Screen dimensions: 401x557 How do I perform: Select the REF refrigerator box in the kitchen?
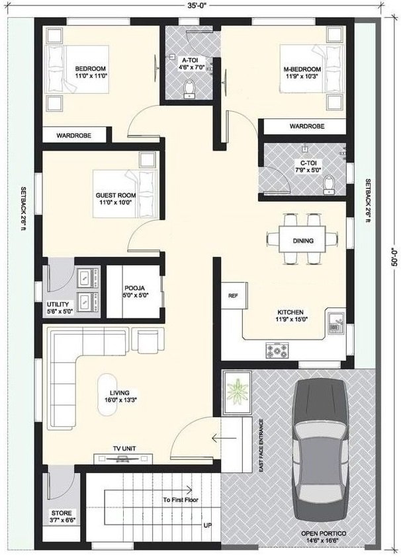234,295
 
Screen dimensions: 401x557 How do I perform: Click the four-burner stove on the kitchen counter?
277,350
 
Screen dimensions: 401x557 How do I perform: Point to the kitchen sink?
335,324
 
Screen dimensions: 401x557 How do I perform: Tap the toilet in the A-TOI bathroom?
189,89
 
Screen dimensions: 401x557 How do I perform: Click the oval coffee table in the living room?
107,394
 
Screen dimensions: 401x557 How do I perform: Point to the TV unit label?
124,449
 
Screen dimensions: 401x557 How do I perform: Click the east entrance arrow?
224,438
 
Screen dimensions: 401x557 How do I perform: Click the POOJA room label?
134,288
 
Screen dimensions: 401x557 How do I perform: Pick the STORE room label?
62,513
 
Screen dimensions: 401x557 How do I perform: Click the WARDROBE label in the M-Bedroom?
307,126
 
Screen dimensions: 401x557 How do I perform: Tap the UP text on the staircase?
208,525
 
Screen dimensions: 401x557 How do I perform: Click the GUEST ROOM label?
116,195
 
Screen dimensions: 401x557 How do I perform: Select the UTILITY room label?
58,305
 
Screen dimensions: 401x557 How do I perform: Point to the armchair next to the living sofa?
148,341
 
